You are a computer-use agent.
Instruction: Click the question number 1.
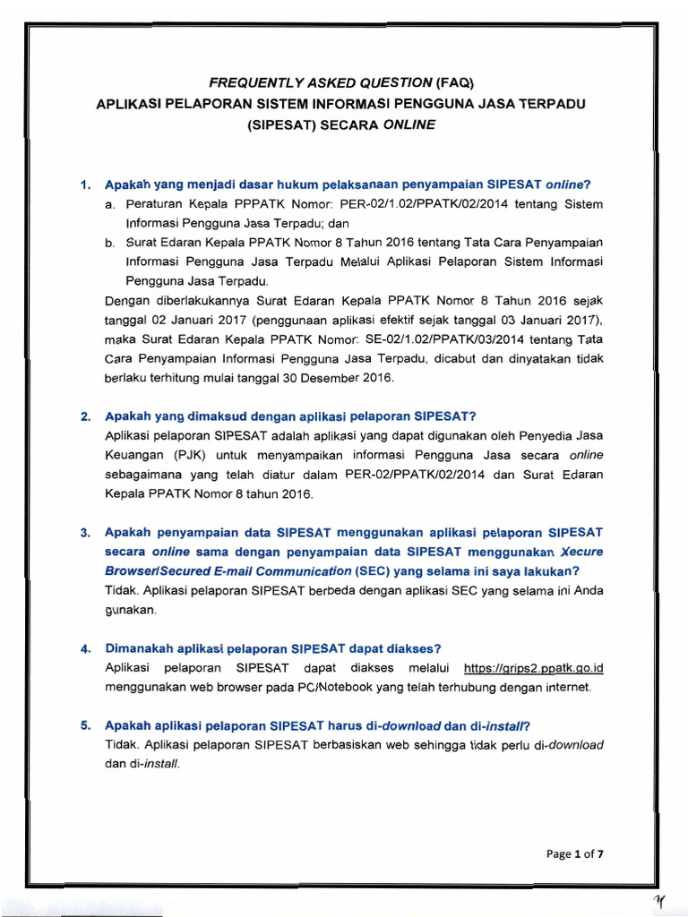coord(85,185)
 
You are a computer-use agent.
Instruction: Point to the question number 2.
coord(85,416)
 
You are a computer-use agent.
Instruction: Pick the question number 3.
coord(85,534)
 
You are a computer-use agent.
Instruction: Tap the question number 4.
coord(85,648)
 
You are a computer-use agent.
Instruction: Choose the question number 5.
coord(85,725)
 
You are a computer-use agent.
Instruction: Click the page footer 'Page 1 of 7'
coord(575,853)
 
